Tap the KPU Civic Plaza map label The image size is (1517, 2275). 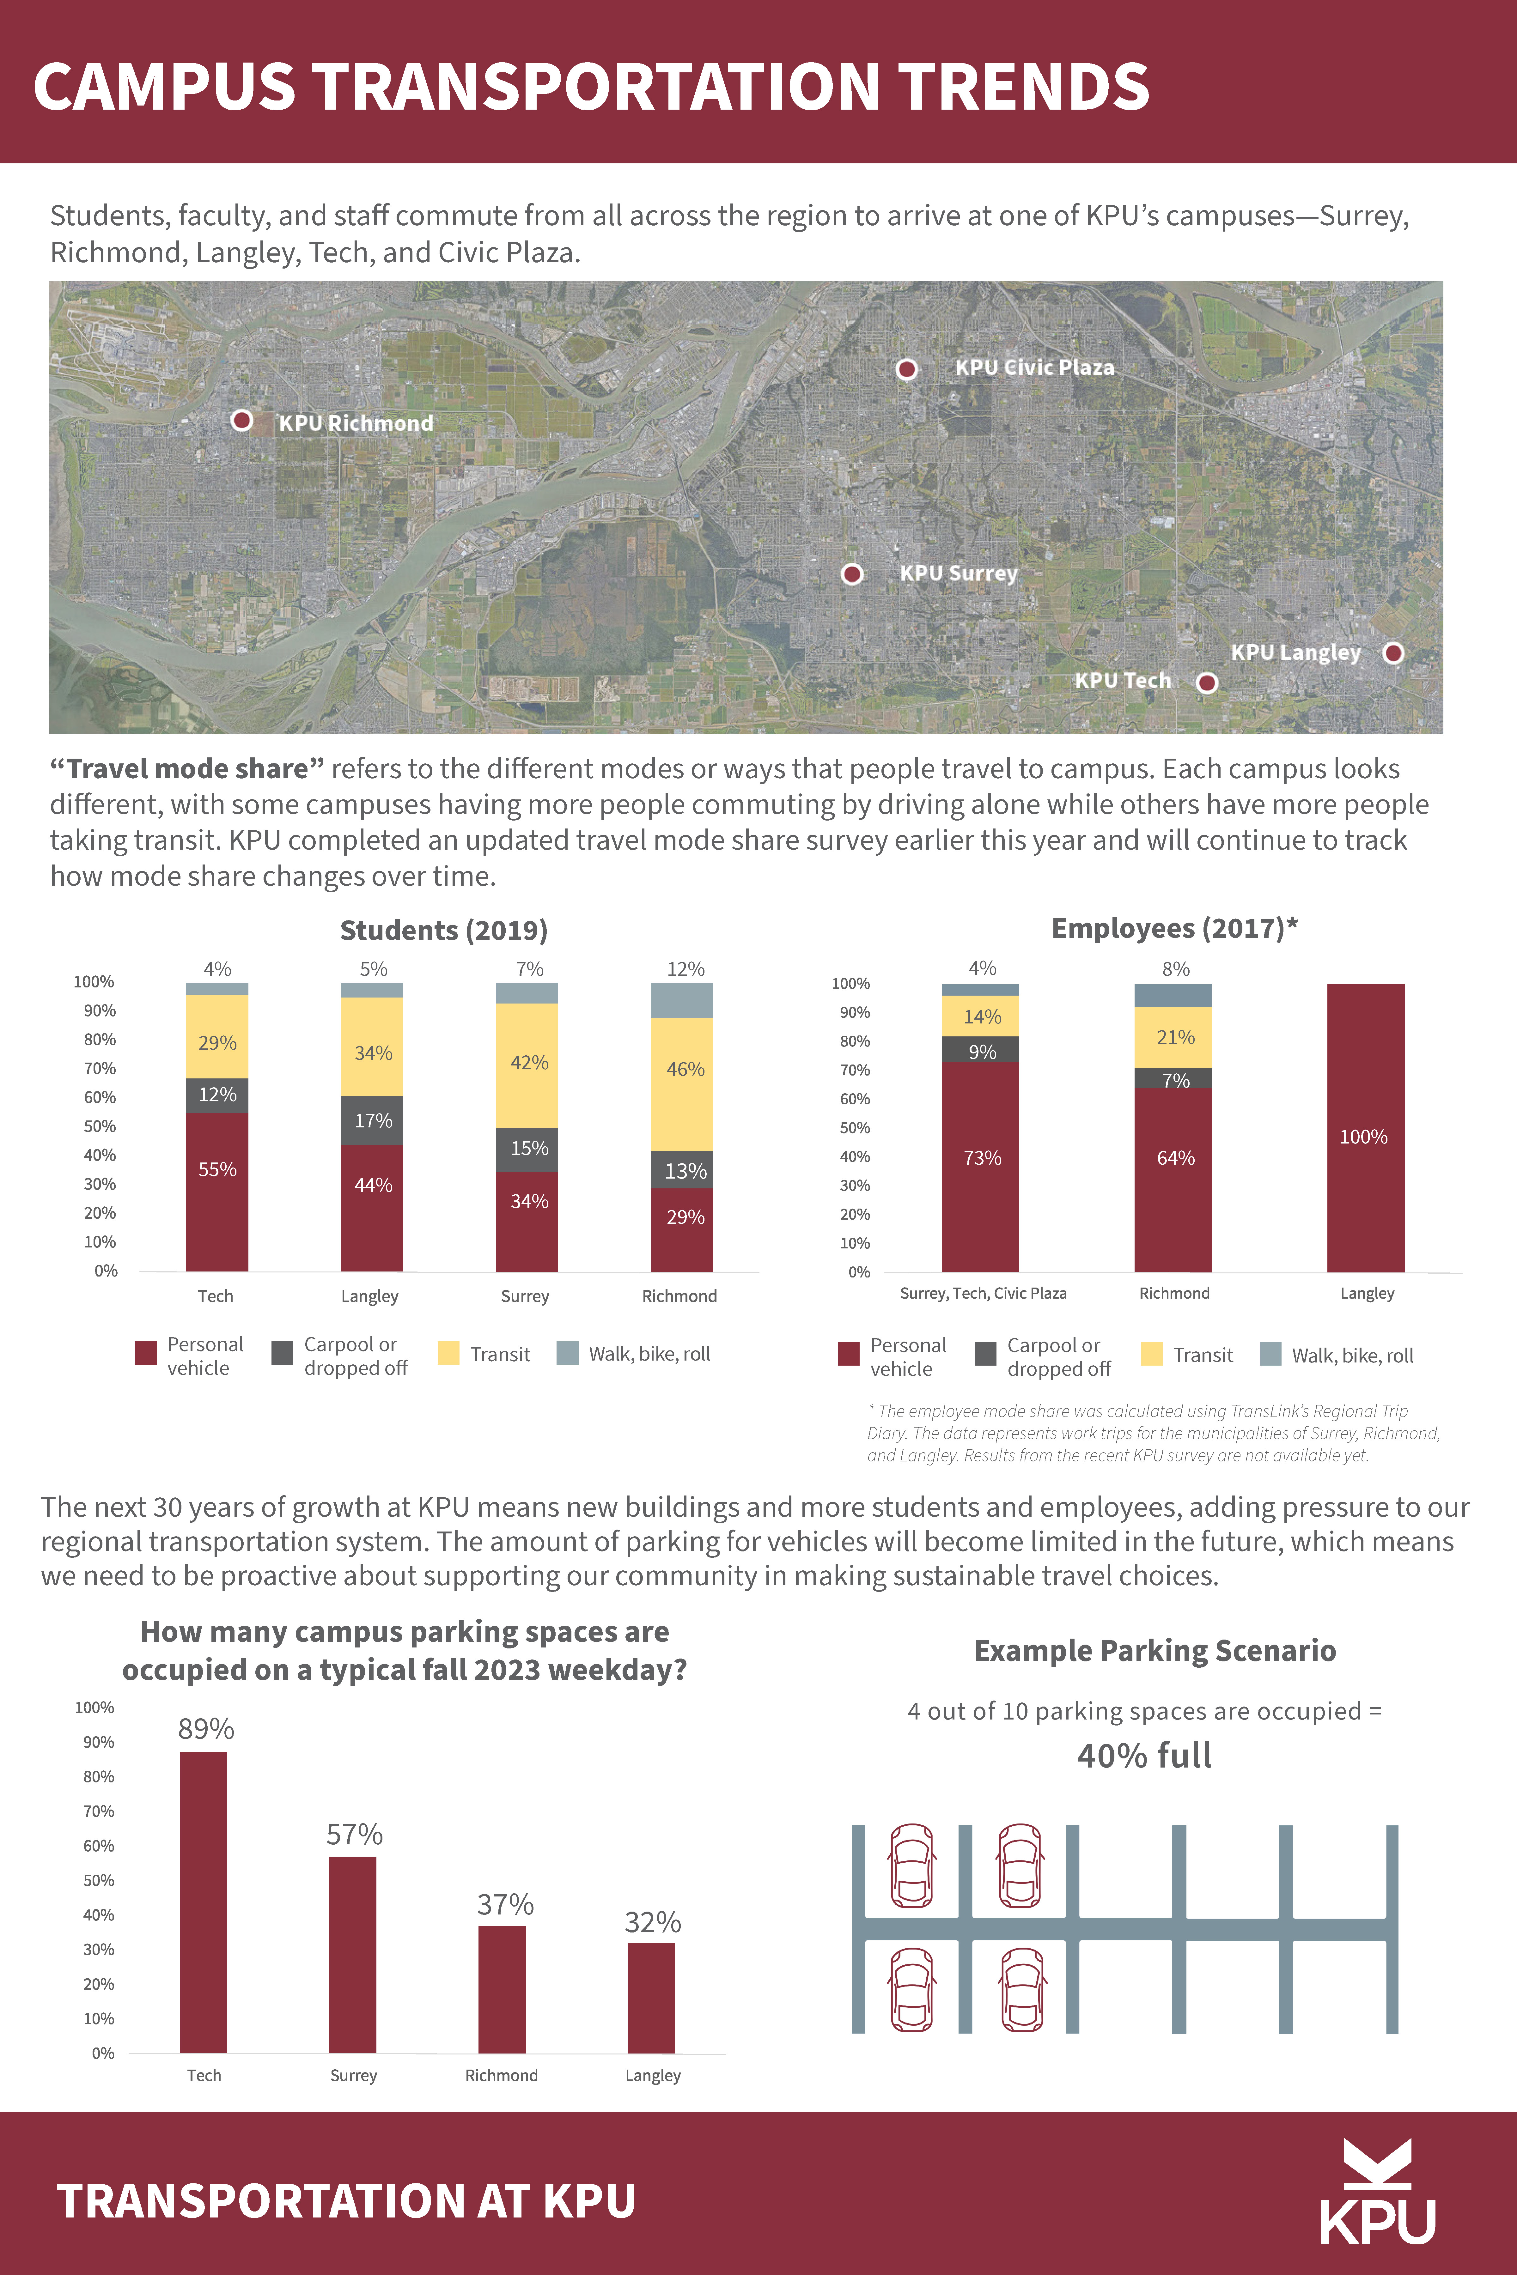click(1034, 367)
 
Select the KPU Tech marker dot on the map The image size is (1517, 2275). click(1206, 683)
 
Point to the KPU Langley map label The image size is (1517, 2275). click(1295, 653)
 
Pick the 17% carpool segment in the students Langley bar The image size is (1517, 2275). click(373, 1120)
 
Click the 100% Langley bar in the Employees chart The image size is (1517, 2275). click(1365, 1127)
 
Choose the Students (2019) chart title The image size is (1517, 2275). click(444, 931)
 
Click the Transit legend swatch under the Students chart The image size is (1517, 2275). click(448, 1353)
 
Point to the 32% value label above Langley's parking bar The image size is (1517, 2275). click(653, 1922)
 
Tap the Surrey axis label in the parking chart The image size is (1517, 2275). click(353, 2076)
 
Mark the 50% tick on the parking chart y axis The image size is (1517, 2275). click(99, 1880)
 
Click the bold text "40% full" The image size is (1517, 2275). click(1144, 1756)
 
